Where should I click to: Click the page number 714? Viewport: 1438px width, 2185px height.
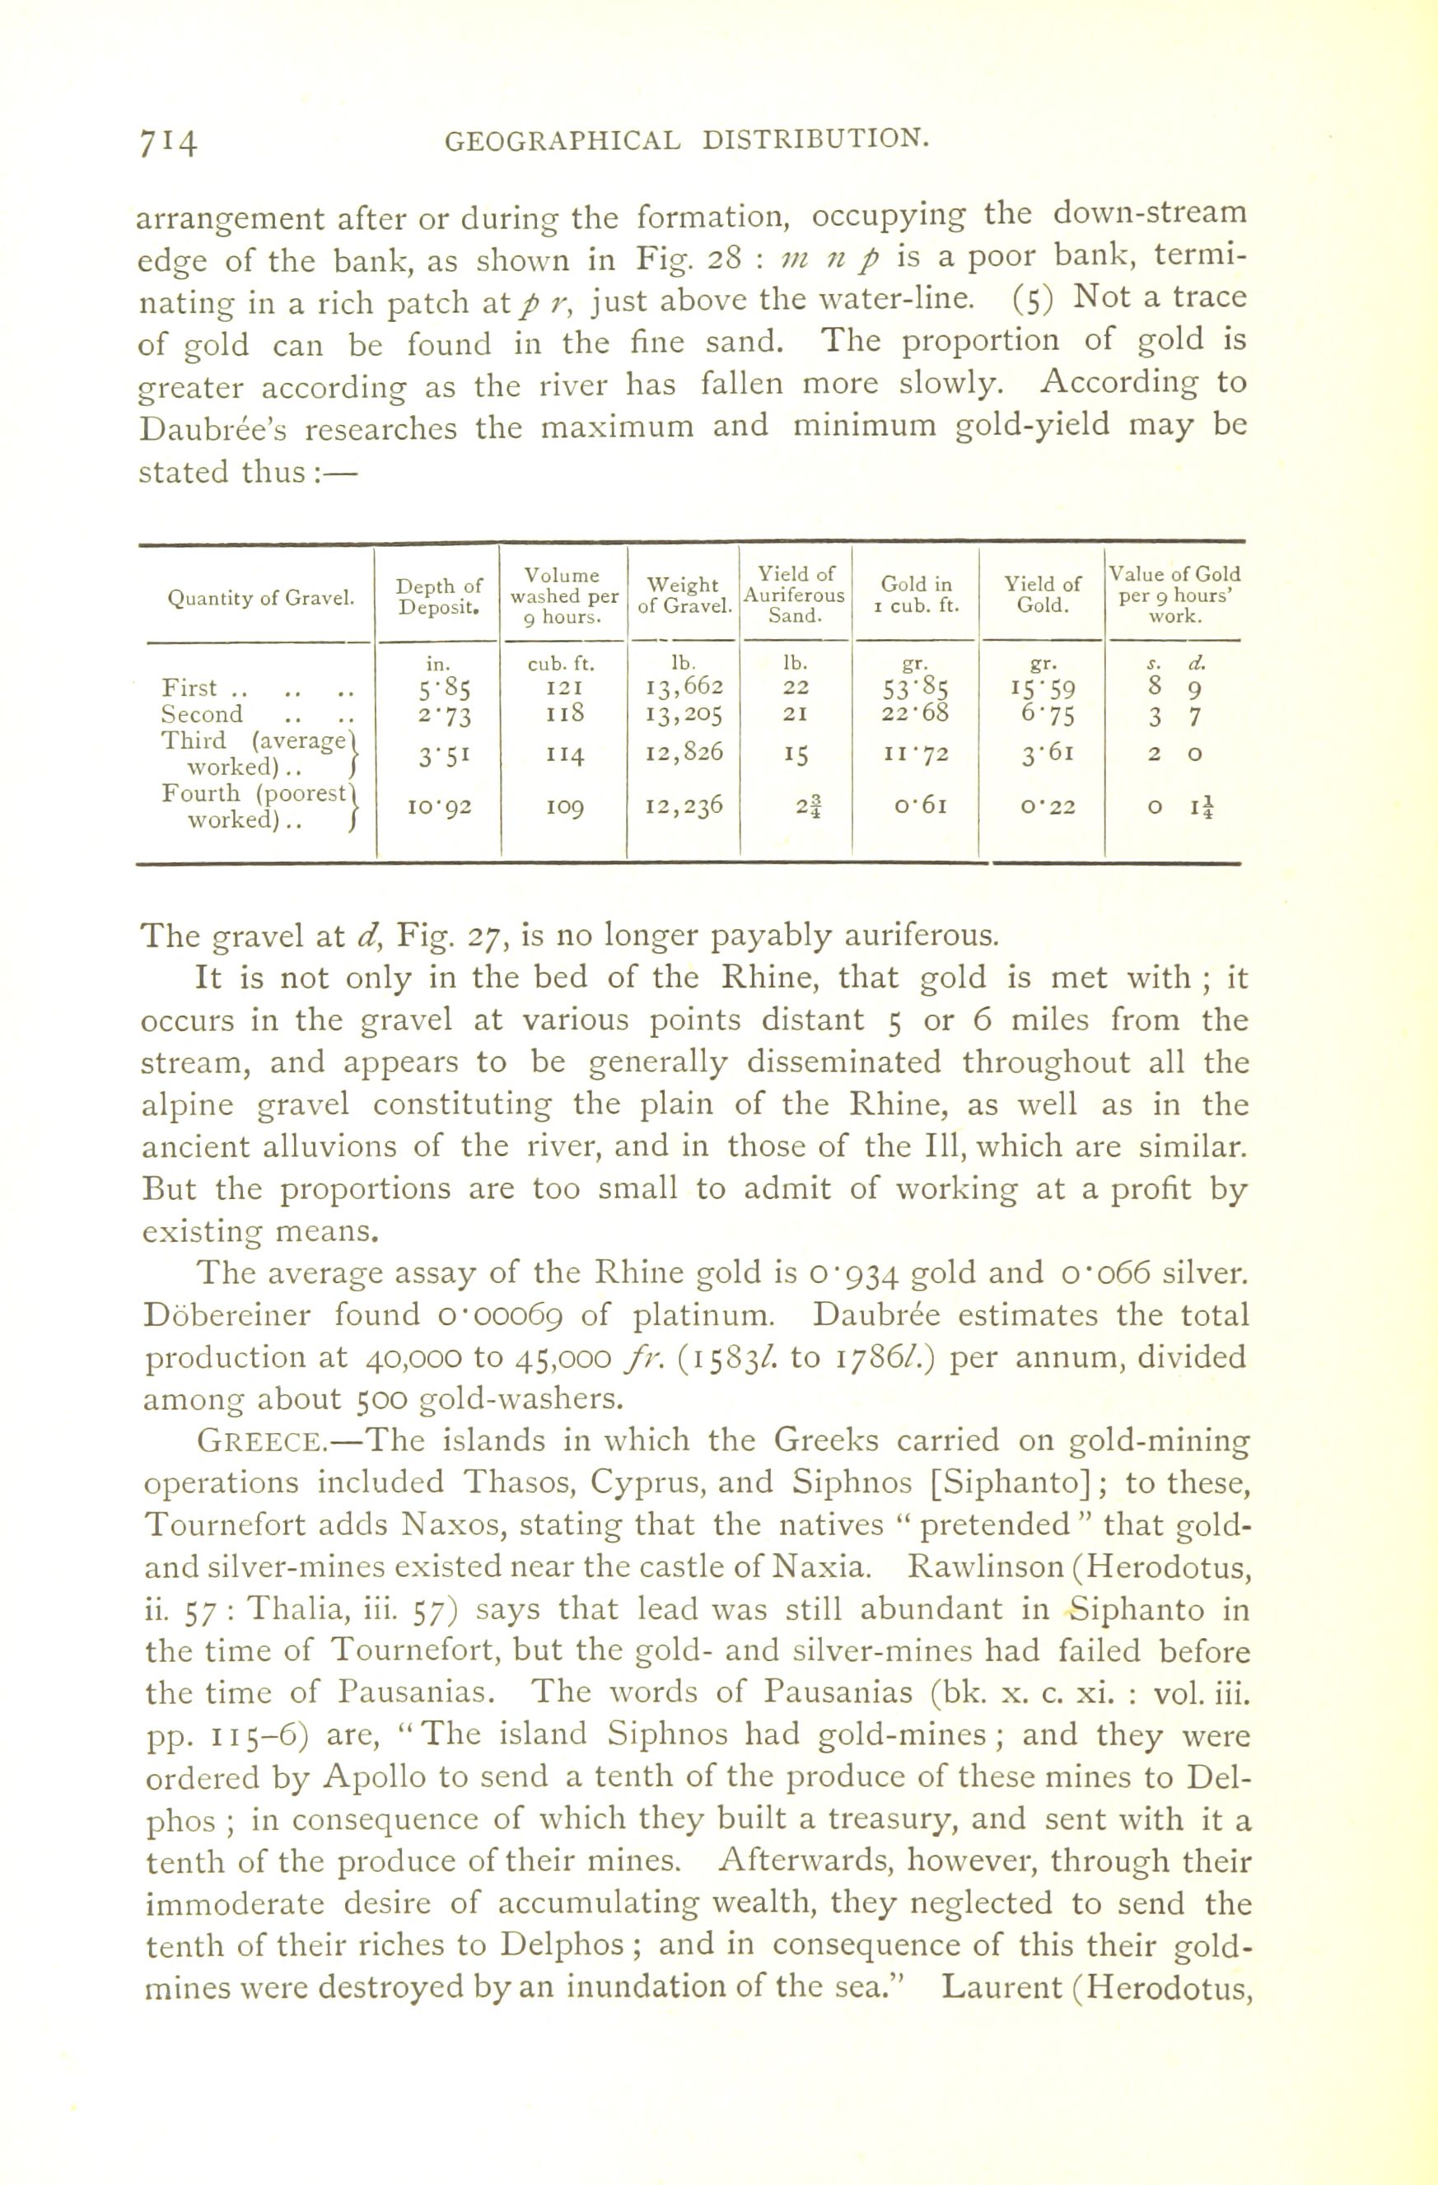(x=168, y=142)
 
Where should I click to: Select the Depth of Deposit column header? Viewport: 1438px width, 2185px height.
(x=439, y=595)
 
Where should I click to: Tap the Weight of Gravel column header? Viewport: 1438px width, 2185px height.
(x=684, y=595)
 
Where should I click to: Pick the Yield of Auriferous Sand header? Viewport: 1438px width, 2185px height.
(x=796, y=594)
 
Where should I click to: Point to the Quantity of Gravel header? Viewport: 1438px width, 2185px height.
(x=261, y=599)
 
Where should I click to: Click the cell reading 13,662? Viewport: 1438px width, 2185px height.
(x=685, y=686)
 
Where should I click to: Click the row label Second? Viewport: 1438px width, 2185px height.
(x=202, y=714)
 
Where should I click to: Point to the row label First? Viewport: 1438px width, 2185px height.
(x=189, y=687)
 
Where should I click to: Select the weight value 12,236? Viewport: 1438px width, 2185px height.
(x=685, y=805)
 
